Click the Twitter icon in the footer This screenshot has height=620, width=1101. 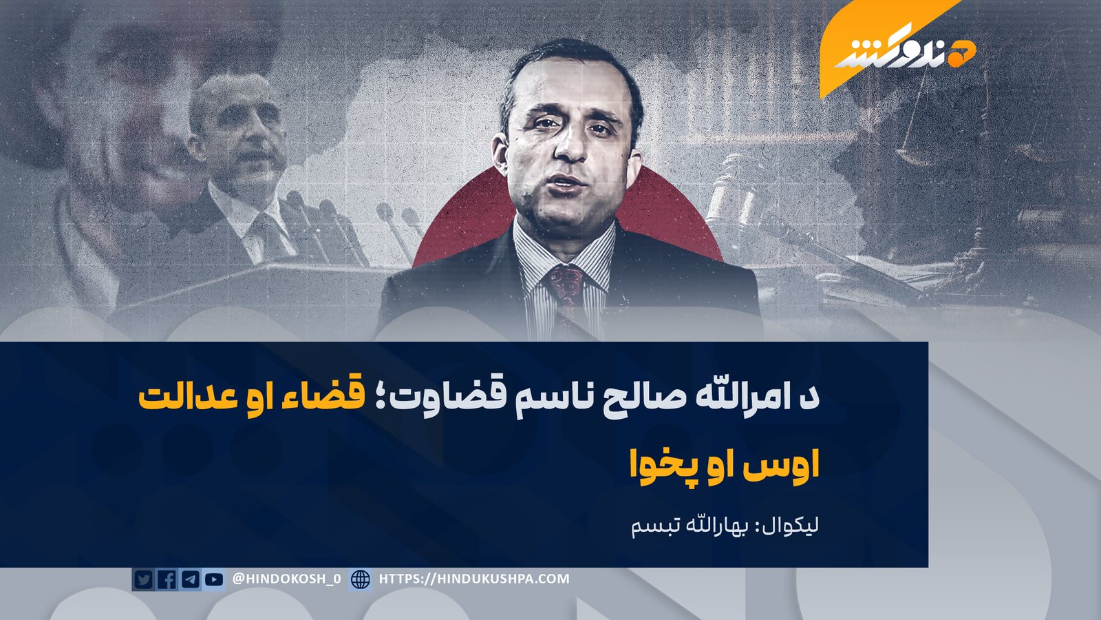point(143,579)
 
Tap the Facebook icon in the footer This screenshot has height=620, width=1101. point(167,579)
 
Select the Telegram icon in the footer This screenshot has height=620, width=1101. point(191,579)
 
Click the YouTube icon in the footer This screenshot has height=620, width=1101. point(214,579)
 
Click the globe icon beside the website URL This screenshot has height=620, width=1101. point(361,579)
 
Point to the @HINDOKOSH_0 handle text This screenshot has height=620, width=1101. point(286,579)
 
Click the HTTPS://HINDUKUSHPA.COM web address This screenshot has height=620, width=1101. point(474,579)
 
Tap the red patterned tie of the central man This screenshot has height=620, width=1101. point(568,296)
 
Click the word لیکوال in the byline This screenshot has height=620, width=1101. point(791,526)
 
